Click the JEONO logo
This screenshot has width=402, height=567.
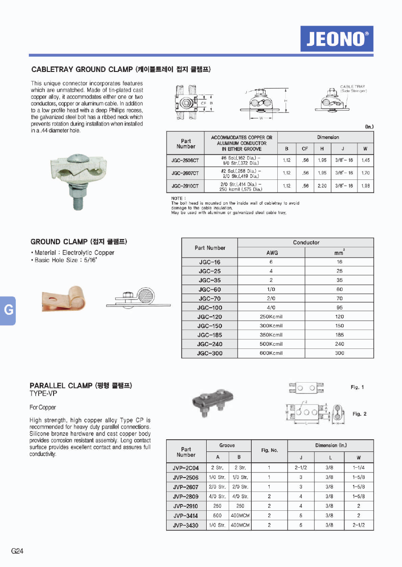coord(337,39)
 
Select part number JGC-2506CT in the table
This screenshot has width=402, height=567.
coord(185,160)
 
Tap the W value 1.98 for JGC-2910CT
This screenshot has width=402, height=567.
coord(365,186)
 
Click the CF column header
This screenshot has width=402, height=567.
coord(305,149)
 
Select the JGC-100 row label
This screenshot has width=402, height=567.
coord(209,308)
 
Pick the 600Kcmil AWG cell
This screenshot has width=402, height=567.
coord(271,353)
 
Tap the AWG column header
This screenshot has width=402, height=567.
coord(272,253)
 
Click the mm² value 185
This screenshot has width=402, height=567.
coord(339,335)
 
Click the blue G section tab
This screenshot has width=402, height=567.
coord(8,310)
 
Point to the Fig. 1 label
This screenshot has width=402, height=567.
coord(357,387)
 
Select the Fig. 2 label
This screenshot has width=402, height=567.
coord(359,414)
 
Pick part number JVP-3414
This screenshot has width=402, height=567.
coord(185,516)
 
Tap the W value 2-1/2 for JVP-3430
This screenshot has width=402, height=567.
coord(358,525)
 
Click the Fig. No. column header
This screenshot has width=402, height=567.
coord(269,450)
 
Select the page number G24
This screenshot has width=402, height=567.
coord(17,551)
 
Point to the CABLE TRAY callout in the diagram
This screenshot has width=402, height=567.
coord(352,86)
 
